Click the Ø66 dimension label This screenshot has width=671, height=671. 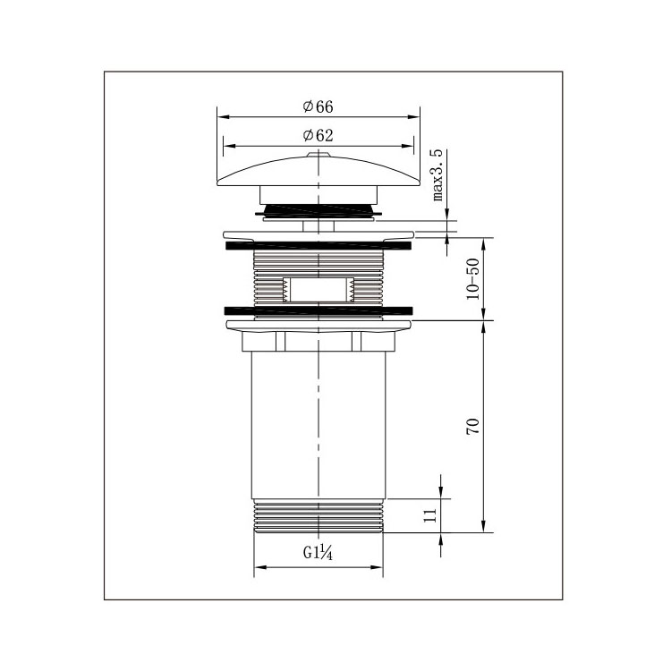click(x=318, y=106)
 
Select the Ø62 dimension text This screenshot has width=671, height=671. click(x=318, y=136)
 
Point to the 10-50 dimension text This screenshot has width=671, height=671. click(x=473, y=279)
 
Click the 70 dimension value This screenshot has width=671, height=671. click(x=473, y=427)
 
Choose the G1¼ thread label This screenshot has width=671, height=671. click(x=318, y=553)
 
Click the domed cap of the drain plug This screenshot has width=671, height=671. click(x=319, y=171)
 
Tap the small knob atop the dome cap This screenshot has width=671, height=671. click(x=319, y=153)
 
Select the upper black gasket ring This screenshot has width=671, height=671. click(x=318, y=246)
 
